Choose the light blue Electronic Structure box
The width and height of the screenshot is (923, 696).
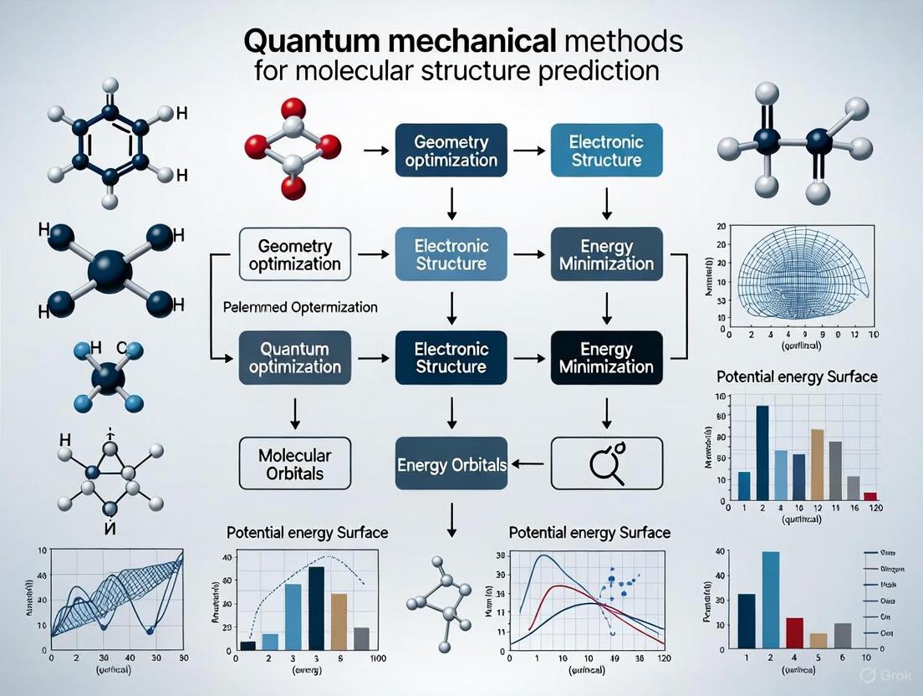606,151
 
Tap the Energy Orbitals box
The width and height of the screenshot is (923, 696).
451,463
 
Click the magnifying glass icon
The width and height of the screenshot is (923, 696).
606,463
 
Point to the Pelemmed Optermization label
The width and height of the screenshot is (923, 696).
301,307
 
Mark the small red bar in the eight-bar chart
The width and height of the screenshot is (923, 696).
870,495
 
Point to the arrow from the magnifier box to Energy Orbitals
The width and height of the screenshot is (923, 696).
530,463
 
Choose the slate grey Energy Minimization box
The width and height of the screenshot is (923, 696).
607,255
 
